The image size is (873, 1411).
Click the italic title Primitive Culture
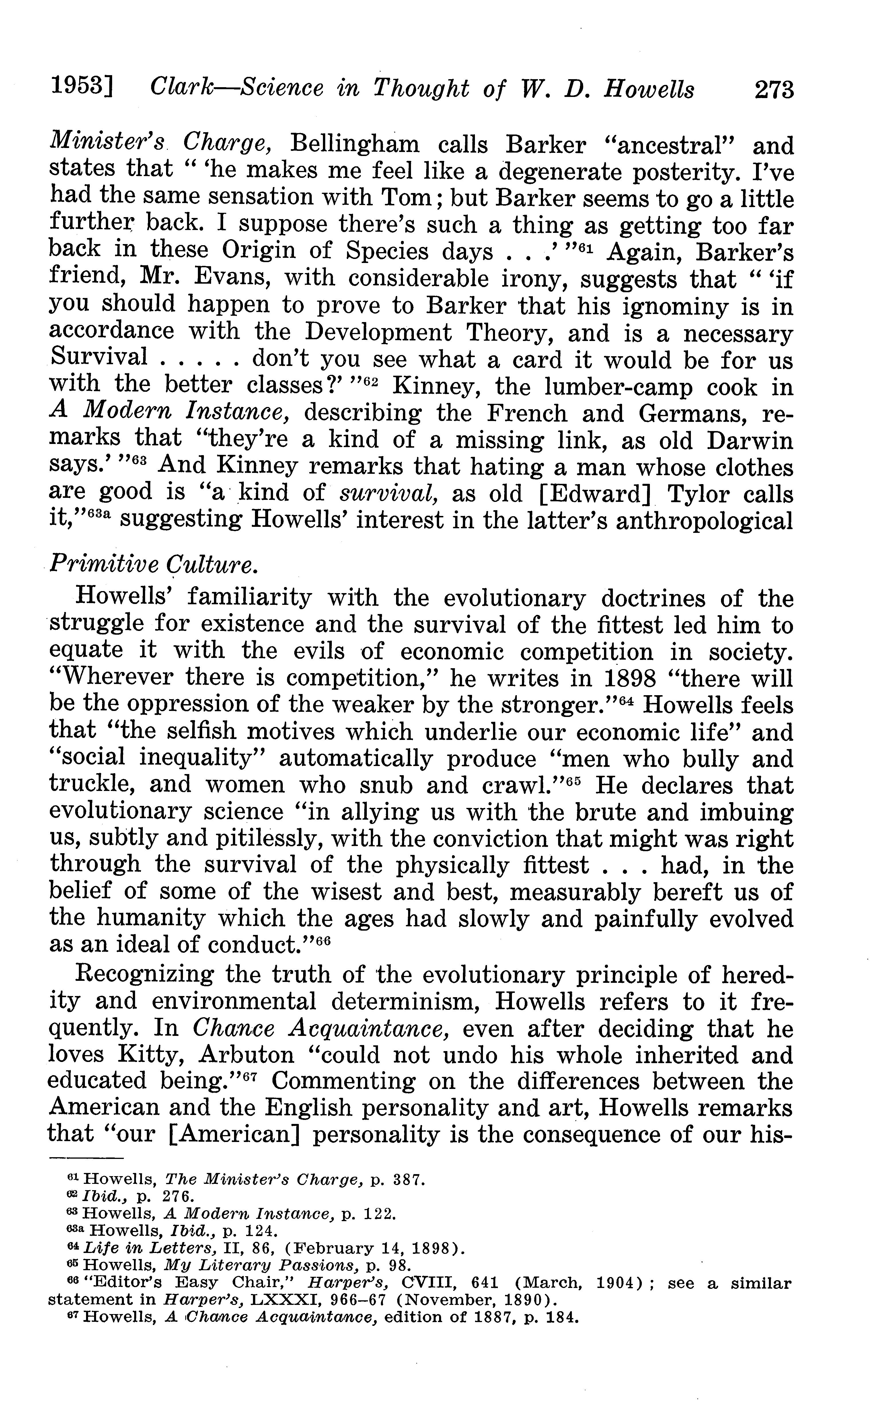tap(153, 564)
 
